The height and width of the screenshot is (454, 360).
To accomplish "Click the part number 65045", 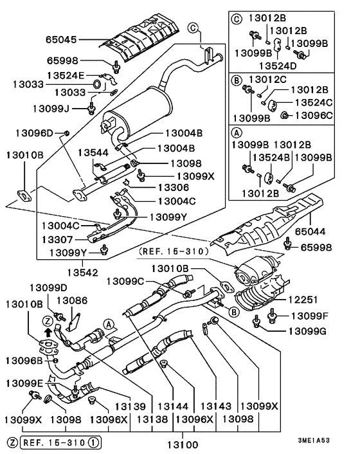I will tap(61, 40).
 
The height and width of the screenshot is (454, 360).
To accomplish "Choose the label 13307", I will tap(61, 239).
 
